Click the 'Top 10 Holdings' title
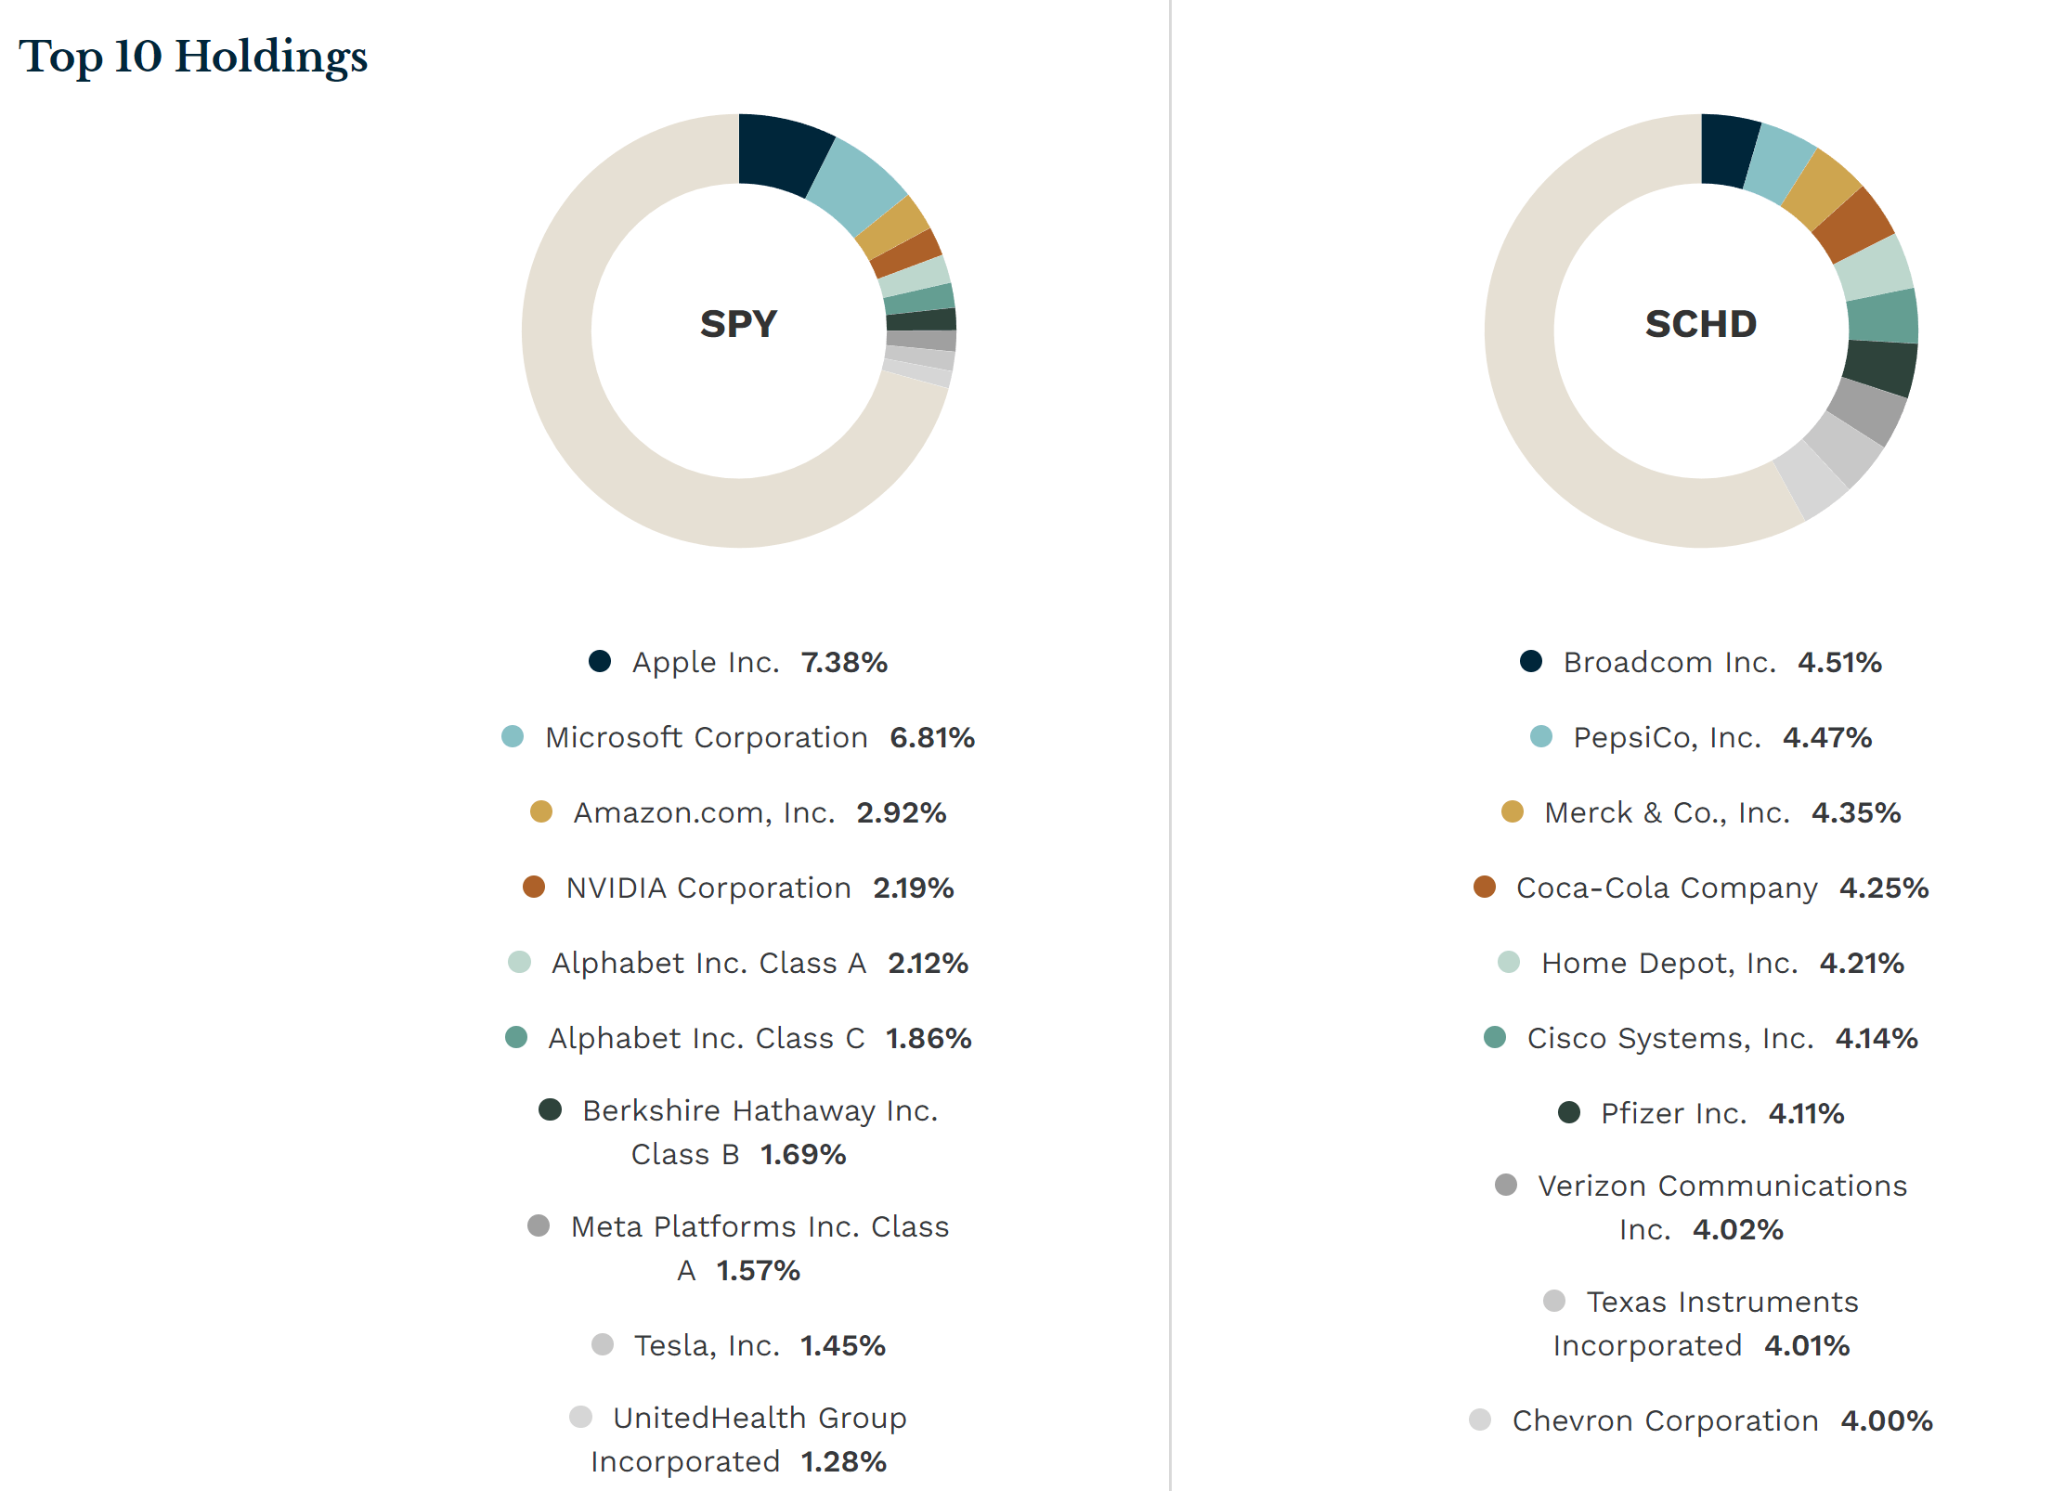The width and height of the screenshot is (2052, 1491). (x=193, y=57)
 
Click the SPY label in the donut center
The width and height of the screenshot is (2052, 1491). (x=738, y=324)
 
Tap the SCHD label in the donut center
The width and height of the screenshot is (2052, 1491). (x=1700, y=324)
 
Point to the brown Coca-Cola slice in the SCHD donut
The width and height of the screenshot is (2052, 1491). (x=1853, y=226)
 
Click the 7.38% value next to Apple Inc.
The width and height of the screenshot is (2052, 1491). (x=844, y=662)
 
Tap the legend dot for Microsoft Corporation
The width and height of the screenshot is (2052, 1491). (x=513, y=736)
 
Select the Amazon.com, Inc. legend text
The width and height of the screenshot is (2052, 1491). (x=704, y=812)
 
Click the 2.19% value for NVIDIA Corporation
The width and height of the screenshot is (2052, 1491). (x=913, y=888)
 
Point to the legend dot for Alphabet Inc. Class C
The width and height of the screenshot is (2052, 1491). (x=516, y=1037)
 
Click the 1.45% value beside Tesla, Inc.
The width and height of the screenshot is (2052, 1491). (x=842, y=1345)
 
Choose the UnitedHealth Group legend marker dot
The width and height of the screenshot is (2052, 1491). (x=581, y=1417)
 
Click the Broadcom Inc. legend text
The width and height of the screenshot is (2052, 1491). (x=1669, y=662)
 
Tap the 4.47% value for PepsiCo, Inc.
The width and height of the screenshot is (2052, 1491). (x=1826, y=737)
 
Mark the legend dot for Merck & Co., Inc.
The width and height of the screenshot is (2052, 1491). (x=1513, y=811)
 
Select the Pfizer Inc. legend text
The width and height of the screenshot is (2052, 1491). (x=1673, y=1113)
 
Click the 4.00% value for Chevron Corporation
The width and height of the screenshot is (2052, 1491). (x=1886, y=1420)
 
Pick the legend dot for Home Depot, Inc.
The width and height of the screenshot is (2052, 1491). (x=1509, y=962)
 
